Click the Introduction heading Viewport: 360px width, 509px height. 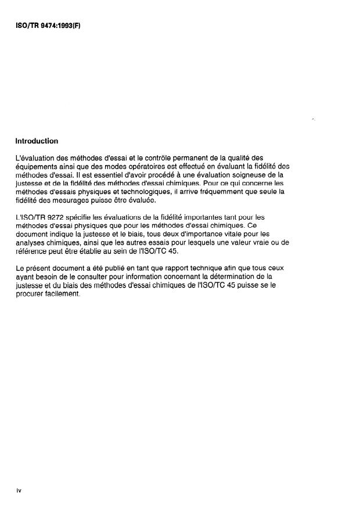click(37, 141)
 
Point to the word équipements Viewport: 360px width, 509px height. click(36, 166)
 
